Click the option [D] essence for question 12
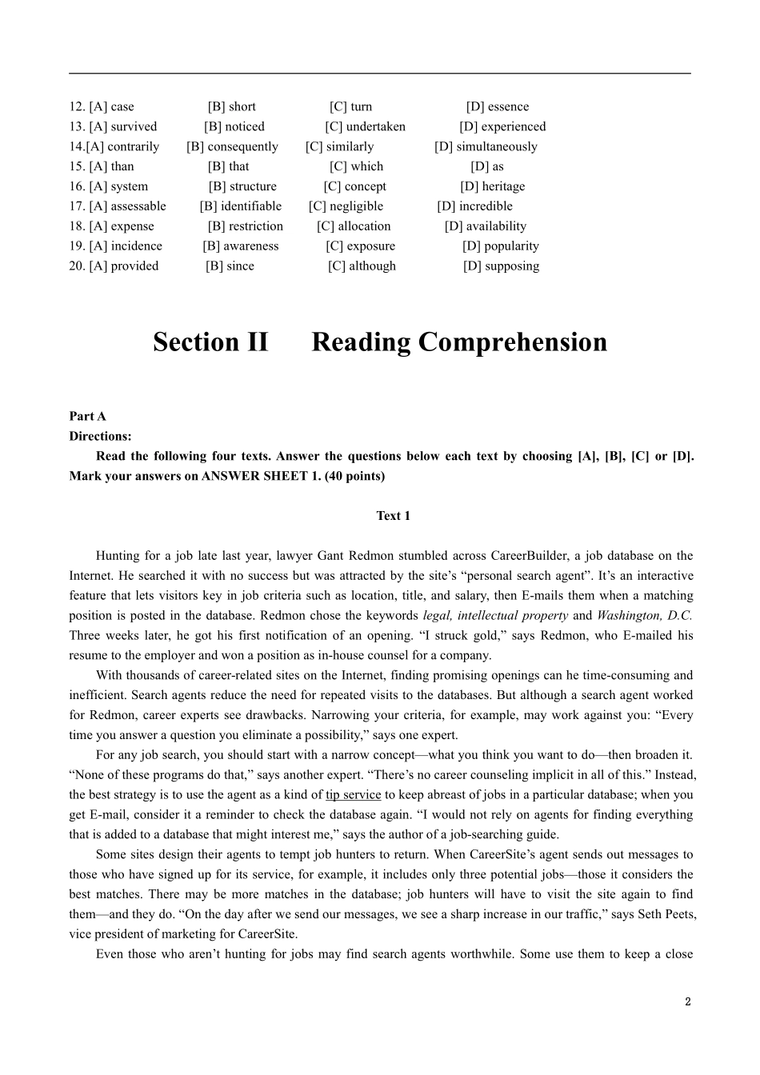pyautogui.click(x=497, y=106)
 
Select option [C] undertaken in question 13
pyautogui.click(x=365, y=126)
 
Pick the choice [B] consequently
pyautogui.click(x=232, y=146)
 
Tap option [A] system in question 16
pyautogui.click(x=118, y=186)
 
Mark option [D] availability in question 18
pyautogui.click(x=486, y=226)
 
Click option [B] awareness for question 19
pyautogui.click(x=241, y=246)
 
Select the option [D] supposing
pyautogui.click(x=501, y=266)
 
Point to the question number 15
pyautogui.click(x=77, y=166)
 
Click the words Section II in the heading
pyautogui.click(x=210, y=342)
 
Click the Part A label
pyautogui.click(x=87, y=416)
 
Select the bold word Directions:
pyautogui.click(x=100, y=436)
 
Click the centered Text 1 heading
pyautogui.click(x=393, y=516)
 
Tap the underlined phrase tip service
pyautogui.click(x=353, y=795)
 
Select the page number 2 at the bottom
pyautogui.click(x=687, y=1001)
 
